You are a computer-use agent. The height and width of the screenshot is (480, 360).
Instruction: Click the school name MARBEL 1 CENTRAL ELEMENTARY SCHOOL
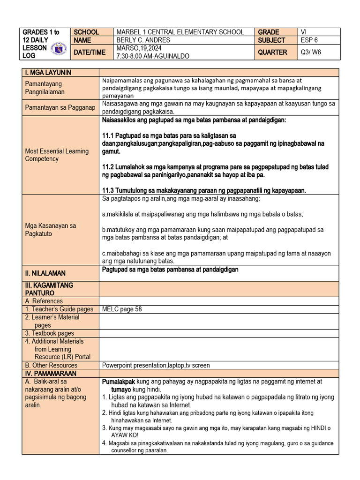(180, 32)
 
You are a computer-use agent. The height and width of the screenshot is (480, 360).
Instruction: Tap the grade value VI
(305, 32)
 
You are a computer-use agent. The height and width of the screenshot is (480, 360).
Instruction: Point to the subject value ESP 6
(309, 41)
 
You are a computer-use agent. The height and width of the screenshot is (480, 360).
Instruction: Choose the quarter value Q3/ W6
(311, 52)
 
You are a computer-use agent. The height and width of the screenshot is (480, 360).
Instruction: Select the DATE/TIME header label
(89, 52)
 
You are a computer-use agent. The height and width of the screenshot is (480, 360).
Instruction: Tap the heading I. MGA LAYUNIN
(48, 72)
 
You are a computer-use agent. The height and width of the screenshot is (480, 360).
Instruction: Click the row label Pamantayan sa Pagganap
(60, 108)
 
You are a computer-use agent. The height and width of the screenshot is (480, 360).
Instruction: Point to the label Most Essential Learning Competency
(57, 155)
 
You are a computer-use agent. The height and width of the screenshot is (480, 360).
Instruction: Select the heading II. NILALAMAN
(45, 273)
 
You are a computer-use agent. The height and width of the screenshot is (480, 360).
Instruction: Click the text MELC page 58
(122, 309)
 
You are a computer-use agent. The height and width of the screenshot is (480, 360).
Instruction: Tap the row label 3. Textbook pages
(50, 333)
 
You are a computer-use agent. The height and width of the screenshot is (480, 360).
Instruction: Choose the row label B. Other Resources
(52, 365)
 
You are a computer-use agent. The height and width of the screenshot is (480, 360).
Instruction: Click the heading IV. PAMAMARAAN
(51, 374)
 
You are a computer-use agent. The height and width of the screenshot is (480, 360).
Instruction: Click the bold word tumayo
(121, 390)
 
